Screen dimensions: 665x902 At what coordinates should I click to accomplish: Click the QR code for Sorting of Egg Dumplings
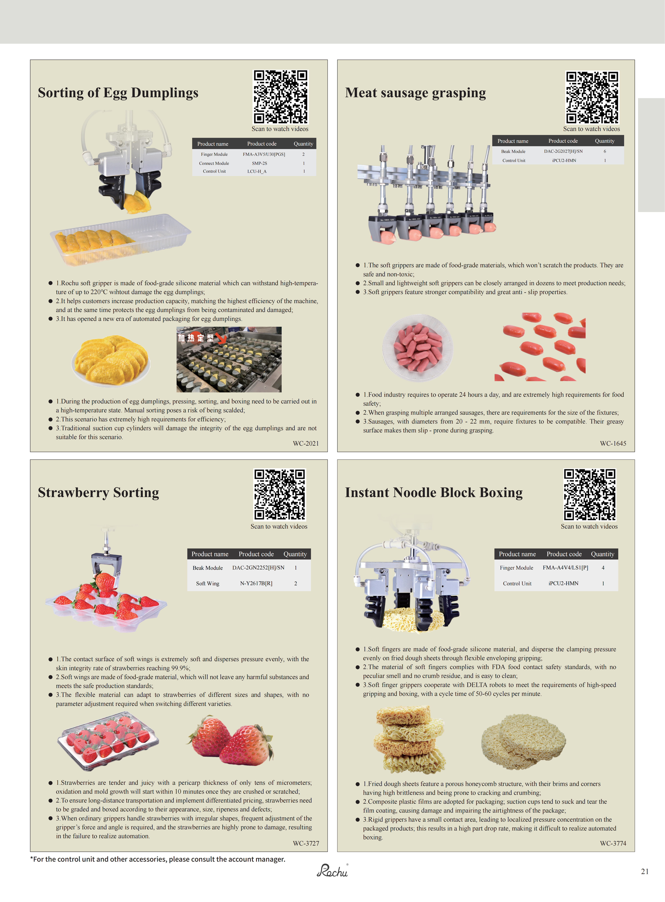tap(280, 97)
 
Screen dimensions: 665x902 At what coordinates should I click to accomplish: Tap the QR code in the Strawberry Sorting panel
tap(279, 495)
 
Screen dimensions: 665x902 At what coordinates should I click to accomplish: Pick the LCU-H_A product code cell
tap(257, 171)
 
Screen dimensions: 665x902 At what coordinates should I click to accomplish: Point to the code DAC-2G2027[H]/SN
tap(563, 151)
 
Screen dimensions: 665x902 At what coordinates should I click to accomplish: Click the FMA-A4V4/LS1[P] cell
tap(565, 568)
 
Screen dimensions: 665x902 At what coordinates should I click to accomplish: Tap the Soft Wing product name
tap(208, 583)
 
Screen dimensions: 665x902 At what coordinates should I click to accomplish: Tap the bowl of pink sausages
tap(417, 348)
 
